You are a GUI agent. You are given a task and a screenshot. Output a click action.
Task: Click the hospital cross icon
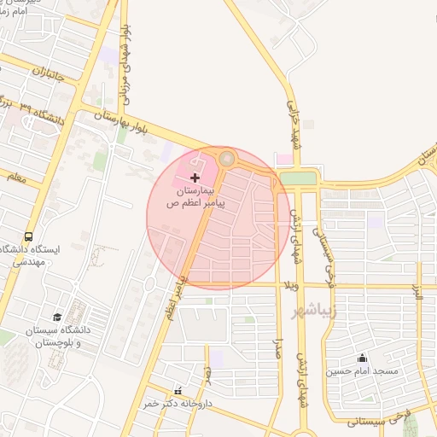click(x=195, y=178)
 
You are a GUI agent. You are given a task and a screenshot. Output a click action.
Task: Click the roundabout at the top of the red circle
click(x=226, y=159)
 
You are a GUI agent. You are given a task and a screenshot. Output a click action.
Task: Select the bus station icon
click(x=29, y=236)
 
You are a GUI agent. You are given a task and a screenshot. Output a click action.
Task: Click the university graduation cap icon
click(x=57, y=317)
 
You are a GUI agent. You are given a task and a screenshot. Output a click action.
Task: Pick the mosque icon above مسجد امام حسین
click(x=362, y=358)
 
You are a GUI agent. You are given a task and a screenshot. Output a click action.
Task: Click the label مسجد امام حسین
click(x=362, y=371)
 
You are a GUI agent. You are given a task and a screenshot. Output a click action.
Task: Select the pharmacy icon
click(x=178, y=390)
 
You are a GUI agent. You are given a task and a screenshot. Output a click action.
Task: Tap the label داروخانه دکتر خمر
click(x=179, y=403)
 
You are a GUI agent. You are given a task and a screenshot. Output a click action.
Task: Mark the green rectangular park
click(x=297, y=178)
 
